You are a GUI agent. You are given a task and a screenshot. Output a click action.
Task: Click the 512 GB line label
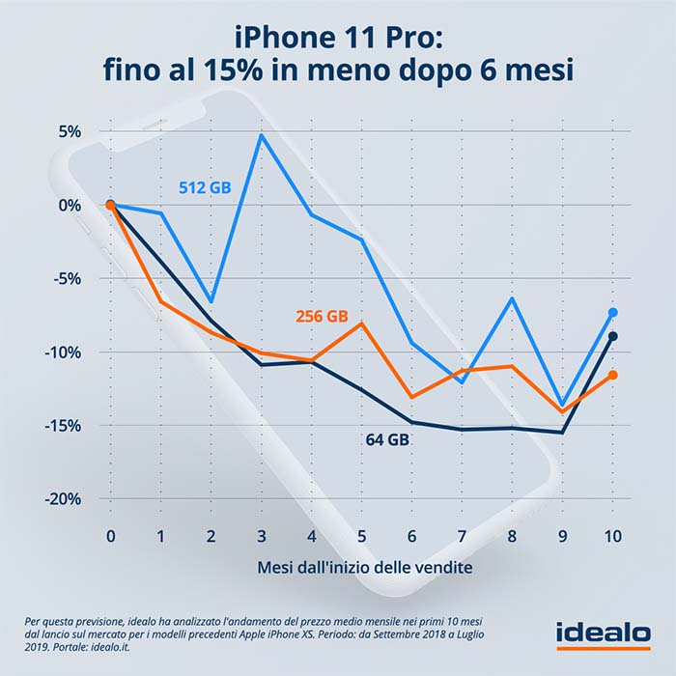tap(205, 188)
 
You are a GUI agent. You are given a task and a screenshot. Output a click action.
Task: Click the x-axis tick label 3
tap(262, 535)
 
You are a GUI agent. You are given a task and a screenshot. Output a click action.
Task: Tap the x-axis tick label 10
tap(612, 535)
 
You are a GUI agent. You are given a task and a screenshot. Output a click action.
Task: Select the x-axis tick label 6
tap(412, 535)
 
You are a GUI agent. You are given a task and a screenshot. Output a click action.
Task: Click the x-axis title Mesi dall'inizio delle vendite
tap(365, 567)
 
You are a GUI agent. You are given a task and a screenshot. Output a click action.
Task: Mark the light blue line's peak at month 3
tap(262, 135)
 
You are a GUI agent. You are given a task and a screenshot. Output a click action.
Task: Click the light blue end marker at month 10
tap(612, 313)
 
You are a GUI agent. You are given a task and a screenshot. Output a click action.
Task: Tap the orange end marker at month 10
tap(612, 375)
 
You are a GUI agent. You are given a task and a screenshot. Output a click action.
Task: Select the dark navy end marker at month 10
tap(612, 336)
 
